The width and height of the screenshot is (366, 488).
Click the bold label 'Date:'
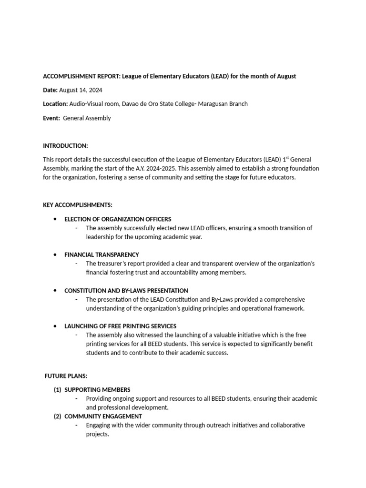pyautogui.click(x=50, y=90)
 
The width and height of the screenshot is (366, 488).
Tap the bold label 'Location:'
pyautogui.click(x=55, y=104)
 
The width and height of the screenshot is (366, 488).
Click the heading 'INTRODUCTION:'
pyautogui.click(x=65, y=145)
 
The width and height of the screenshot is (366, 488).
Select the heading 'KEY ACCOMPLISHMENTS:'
pyautogui.click(x=78, y=205)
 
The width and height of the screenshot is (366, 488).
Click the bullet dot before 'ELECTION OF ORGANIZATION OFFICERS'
pyautogui.click(x=55, y=219)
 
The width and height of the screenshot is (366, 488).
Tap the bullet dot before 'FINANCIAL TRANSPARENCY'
pyautogui.click(x=55, y=255)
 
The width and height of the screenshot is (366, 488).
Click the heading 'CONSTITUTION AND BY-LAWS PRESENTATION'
pyautogui.click(x=126, y=291)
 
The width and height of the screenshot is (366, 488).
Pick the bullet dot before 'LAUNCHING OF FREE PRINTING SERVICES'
pyautogui.click(x=55, y=326)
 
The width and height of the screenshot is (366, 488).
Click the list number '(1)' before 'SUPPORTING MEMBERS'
pyautogui.click(x=57, y=390)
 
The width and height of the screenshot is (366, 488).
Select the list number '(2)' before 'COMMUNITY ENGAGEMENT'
pyautogui.click(x=57, y=417)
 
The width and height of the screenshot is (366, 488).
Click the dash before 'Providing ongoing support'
pyautogui.click(x=77, y=399)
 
